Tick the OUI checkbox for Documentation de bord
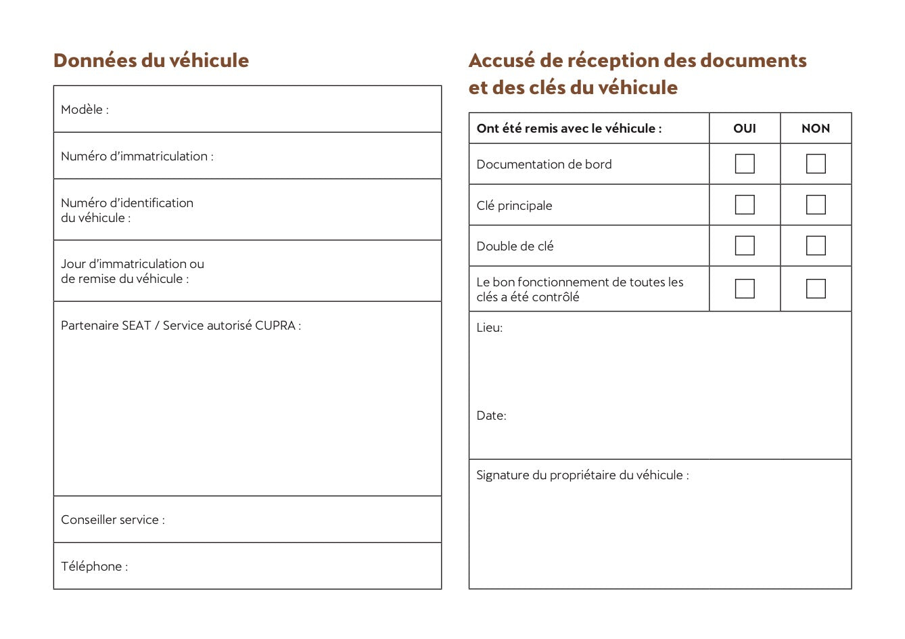(744, 164)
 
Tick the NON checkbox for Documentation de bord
(816, 164)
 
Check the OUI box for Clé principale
(744, 204)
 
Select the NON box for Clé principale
(816, 204)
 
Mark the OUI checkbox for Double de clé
(744, 245)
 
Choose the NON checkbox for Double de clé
(816, 245)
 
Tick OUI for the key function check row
(744, 288)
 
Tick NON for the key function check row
(816, 288)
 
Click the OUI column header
(744, 129)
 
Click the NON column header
(816, 129)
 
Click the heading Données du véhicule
(151, 60)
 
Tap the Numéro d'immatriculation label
(137, 156)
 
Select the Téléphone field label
(94, 567)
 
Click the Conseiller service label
(112, 520)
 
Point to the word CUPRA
(275, 326)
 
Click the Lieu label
(489, 328)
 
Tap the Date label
(491, 416)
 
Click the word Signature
(503, 475)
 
